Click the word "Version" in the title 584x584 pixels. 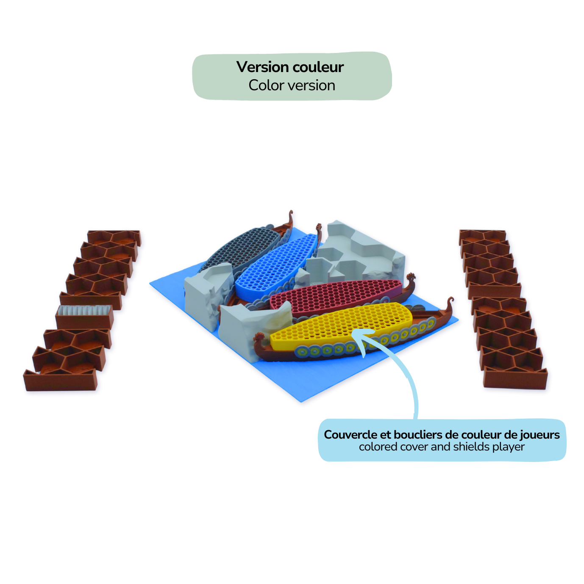coord(262,67)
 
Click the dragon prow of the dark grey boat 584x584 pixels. coord(290,216)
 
